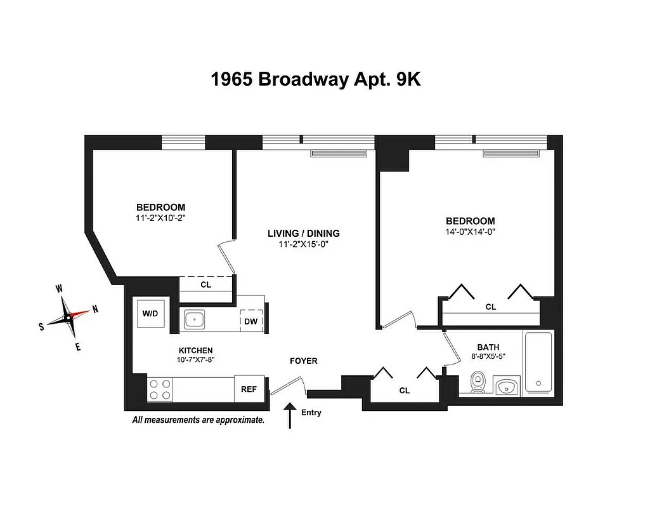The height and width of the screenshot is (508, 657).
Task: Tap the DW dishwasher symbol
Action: (x=251, y=321)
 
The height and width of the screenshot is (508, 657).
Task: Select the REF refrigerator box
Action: (x=248, y=389)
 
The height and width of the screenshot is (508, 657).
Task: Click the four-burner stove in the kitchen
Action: (x=160, y=389)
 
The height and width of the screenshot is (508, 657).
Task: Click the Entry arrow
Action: (x=290, y=415)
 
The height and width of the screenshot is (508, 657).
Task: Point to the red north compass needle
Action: (x=80, y=312)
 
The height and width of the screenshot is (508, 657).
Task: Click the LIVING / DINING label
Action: (x=304, y=233)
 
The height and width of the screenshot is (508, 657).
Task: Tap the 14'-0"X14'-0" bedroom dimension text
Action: (x=469, y=232)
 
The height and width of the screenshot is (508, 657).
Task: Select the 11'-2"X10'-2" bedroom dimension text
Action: (x=160, y=218)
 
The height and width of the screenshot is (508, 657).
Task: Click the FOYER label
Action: (x=303, y=361)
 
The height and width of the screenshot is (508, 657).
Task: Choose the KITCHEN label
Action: (x=195, y=351)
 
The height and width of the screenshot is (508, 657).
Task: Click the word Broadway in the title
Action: (x=303, y=80)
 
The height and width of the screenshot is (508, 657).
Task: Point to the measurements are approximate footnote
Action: (x=198, y=420)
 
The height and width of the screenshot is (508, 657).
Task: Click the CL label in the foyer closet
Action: (x=405, y=391)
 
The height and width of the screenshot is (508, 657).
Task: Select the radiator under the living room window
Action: (x=339, y=153)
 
